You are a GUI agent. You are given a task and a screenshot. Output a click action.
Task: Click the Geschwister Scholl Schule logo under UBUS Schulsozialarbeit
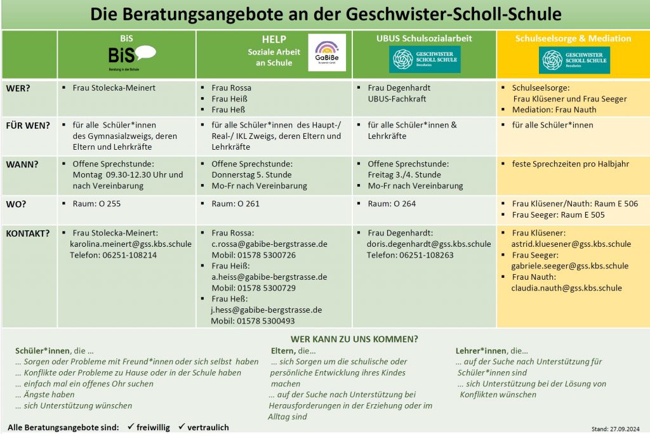coord(425,60)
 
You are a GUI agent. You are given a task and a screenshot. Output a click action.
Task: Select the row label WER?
coord(18,88)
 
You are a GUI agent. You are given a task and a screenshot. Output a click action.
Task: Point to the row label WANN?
coord(22,164)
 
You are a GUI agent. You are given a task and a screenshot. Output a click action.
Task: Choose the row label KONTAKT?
coord(27,233)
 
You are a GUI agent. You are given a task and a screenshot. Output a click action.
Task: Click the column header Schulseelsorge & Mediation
coord(573,39)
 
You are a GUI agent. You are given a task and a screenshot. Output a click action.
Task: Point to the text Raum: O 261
coord(235,204)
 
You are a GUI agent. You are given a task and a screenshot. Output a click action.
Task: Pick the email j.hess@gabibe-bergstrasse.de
coord(267,310)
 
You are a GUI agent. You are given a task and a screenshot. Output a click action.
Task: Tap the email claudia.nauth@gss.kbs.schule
coord(566,288)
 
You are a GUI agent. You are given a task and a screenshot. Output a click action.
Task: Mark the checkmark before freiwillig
coord(129,427)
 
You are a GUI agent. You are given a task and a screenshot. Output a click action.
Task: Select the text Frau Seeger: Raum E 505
coord(558,215)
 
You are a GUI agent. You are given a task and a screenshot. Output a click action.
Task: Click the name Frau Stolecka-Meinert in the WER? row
coord(114,88)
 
